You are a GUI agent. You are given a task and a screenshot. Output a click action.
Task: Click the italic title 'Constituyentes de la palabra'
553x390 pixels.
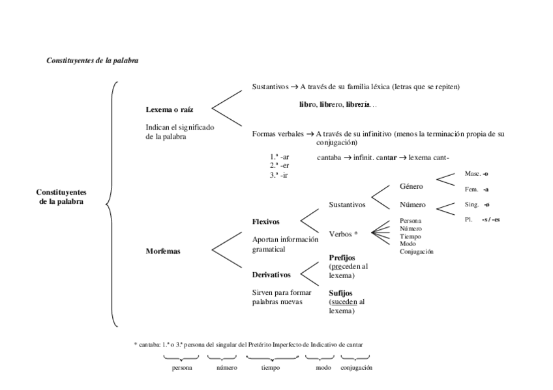pyautogui.click(x=92, y=60)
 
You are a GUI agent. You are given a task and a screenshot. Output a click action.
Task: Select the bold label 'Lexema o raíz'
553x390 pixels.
pyautogui.click(x=169, y=109)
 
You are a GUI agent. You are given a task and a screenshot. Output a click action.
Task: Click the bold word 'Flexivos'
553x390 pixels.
pyautogui.click(x=266, y=222)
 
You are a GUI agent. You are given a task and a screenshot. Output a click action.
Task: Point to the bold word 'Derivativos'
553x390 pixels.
pyautogui.click(x=271, y=275)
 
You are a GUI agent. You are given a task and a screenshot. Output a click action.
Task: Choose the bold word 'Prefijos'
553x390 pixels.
pyautogui.click(x=342, y=258)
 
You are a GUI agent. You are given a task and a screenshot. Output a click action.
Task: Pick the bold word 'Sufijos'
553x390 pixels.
pyautogui.click(x=340, y=293)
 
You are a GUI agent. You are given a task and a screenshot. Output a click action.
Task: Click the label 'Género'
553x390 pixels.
pyautogui.click(x=411, y=187)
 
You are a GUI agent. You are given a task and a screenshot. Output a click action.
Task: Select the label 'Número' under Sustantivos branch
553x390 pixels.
pyautogui.click(x=412, y=204)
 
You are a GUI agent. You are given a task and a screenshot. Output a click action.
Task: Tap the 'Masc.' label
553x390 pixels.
pyautogui.click(x=473, y=174)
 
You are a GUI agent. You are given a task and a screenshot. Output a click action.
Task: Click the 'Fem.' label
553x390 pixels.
pyautogui.click(x=471, y=189)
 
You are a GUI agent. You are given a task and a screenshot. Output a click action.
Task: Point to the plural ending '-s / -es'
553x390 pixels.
pyautogui.click(x=490, y=220)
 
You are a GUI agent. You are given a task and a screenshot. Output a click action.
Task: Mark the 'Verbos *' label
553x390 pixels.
pyautogui.click(x=344, y=232)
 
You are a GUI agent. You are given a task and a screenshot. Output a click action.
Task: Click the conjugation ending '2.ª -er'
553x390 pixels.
pyautogui.click(x=279, y=165)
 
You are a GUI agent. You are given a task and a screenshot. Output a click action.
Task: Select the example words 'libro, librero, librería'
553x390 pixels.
pyautogui.click(x=337, y=104)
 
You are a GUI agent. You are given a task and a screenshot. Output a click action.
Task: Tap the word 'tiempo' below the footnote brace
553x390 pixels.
pyautogui.click(x=271, y=368)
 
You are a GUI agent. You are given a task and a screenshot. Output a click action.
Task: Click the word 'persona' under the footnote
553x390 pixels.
pyautogui.click(x=181, y=368)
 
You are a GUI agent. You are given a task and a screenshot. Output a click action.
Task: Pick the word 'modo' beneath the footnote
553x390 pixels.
pyautogui.click(x=322, y=368)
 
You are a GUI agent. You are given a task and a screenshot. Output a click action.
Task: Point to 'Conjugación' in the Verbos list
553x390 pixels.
pyautogui.click(x=417, y=251)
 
